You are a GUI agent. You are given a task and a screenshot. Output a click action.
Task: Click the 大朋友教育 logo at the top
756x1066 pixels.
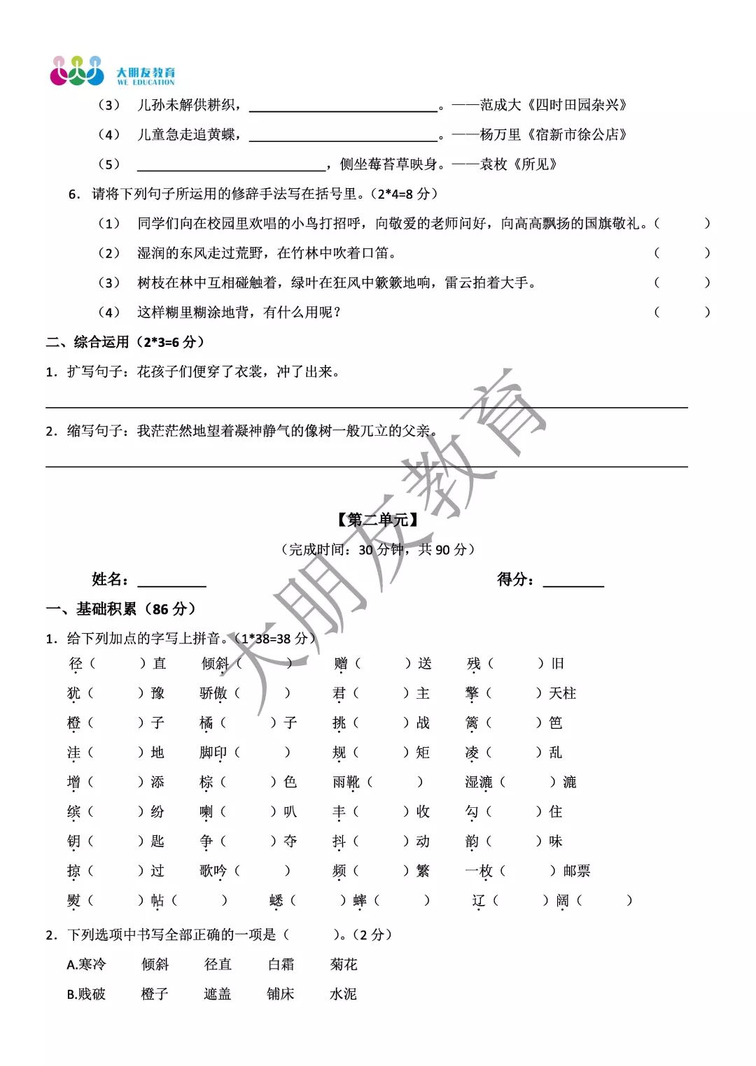point(113,71)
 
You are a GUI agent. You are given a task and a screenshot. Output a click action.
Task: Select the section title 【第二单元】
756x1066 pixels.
point(378,520)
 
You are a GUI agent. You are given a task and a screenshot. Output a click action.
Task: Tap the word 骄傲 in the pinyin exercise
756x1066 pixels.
point(213,693)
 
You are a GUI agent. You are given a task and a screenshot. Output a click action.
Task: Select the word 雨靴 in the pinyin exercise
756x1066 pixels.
point(346,782)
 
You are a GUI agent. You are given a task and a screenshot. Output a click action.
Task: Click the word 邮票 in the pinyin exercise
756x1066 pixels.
point(576,871)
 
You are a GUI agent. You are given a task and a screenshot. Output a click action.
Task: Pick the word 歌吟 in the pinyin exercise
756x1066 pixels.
point(213,871)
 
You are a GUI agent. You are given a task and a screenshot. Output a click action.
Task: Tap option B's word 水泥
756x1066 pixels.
point(343,994)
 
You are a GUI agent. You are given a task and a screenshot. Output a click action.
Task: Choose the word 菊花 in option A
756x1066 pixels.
point(344,965)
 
